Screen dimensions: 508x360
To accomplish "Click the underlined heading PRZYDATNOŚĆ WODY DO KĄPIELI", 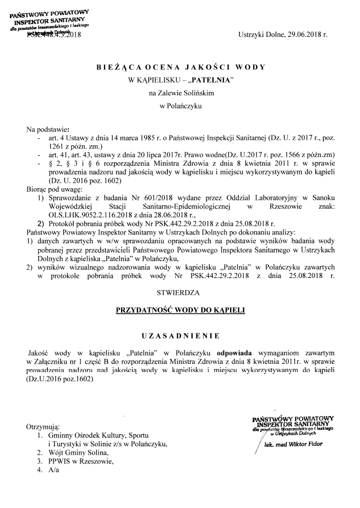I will coord(180,310).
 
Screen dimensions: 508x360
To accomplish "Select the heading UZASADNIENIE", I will coord(180,335).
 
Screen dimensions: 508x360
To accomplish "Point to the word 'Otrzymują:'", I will coord(43,427).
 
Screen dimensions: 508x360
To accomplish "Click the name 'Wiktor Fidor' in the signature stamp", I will coord(305,444).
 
